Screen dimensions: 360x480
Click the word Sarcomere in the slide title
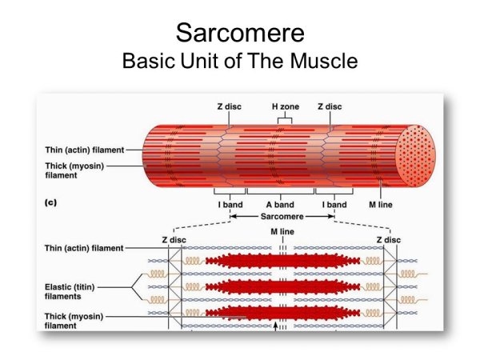point(239,34)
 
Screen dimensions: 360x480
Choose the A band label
point(280,205)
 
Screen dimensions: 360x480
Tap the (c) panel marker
point(50,204)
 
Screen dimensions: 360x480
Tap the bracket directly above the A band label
point(280,192)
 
